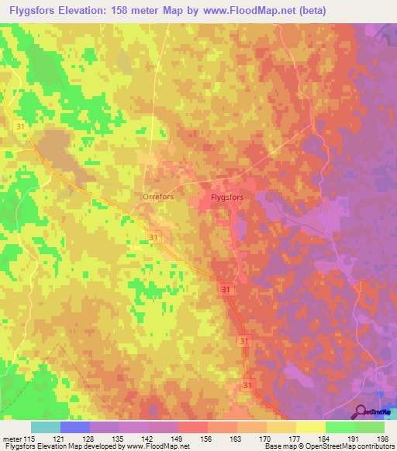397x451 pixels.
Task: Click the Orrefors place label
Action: click(157, 197)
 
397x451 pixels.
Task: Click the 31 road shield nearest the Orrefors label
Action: click(154, 237)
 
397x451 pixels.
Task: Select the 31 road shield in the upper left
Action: click(19, 126)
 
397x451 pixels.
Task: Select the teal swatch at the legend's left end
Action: click(45, 427)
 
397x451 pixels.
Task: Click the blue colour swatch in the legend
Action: click(74, 427)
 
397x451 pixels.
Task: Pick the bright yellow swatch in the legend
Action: click(310, 427)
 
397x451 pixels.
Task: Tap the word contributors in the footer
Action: click(371, 446)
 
